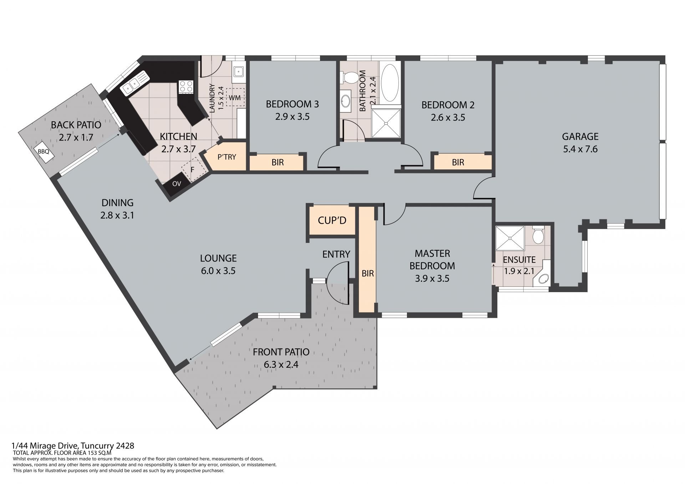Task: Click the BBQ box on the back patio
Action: coord(45,152)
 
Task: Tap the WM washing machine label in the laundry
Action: coord(235,98)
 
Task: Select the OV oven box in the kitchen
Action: coord(177,184)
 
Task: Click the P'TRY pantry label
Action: coord(227,157)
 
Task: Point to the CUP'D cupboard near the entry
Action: coord(332,220)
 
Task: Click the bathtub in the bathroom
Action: coord(390,83)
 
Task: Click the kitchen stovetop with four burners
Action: coord(186,87)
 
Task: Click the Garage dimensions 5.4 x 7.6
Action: coord(580,149)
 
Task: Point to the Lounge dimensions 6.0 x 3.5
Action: coord(218,271)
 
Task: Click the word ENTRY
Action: coord(336,254)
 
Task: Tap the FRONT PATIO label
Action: coord(281,352)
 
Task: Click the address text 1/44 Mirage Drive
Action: coord(45,446)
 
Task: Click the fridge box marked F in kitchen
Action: coord(193,170)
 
